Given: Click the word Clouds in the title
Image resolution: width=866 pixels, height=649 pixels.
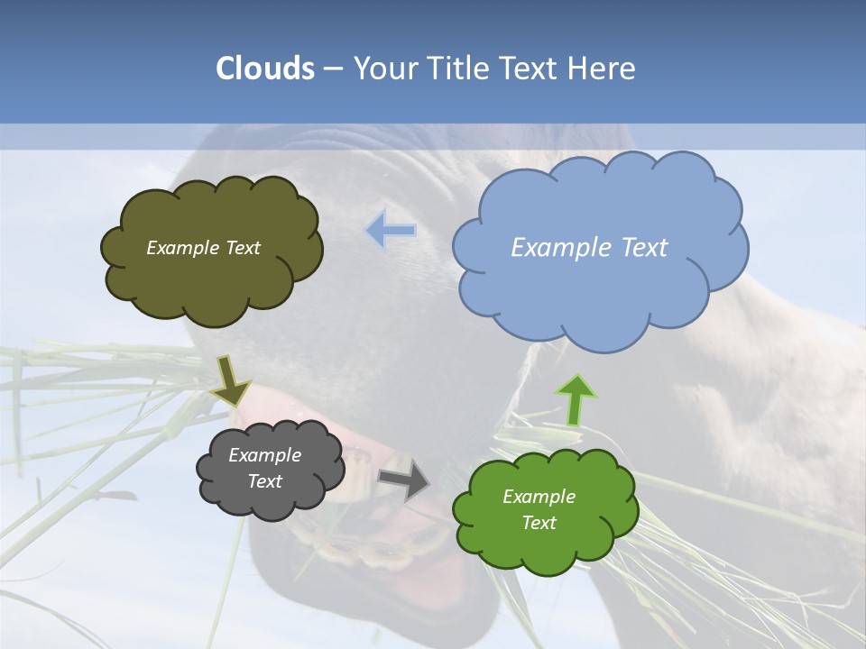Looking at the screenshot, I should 264,69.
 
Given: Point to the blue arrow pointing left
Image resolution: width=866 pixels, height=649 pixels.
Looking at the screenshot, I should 391,230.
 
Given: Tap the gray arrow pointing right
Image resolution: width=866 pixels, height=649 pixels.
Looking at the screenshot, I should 404,479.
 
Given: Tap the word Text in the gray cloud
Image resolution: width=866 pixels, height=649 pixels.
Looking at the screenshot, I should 265,482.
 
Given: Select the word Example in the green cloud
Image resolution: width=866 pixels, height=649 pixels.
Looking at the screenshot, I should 539,497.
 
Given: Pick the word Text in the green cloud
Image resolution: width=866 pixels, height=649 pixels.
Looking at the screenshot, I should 539,523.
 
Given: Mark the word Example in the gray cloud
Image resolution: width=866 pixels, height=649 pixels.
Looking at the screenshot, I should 265,455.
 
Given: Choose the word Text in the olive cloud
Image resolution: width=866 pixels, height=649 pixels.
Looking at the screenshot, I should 242,248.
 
